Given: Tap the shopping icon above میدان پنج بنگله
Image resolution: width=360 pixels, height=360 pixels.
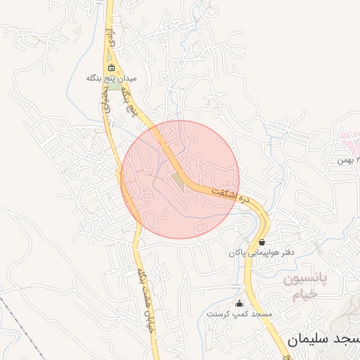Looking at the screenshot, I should (x=112, y=68).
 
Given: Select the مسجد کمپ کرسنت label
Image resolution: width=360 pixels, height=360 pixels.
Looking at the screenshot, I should (x=233, y=314).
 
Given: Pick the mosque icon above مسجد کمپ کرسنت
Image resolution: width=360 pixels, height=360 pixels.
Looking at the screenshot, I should (x=240, y=304).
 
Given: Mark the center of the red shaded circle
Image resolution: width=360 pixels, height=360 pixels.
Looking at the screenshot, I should (x=180, y=179).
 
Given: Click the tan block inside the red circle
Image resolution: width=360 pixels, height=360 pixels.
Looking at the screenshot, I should (x=177, y=184).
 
